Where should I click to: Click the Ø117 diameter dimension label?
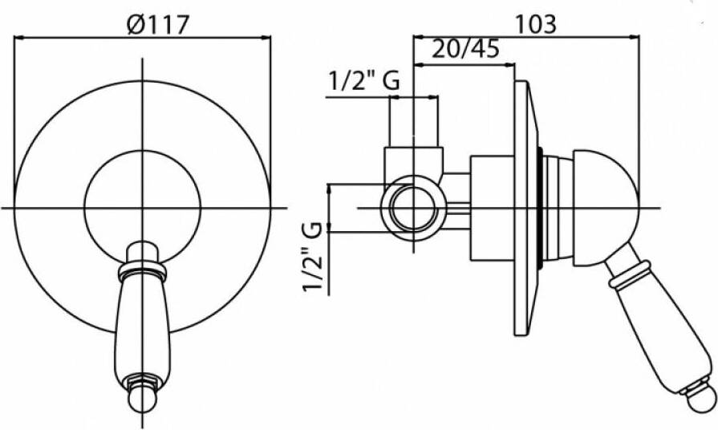(x=158, y=24)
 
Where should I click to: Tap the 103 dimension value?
(x=536, y=24)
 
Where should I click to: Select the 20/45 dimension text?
(x=465, y=48)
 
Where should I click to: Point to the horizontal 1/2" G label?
(x=364, y=81)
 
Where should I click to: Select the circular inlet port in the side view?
(x=413, y=209)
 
